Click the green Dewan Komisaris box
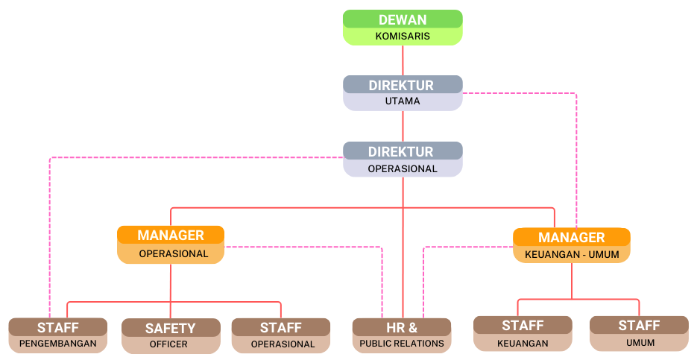(x=403, y=27)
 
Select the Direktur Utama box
(x=403, y=92)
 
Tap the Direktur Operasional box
(x=403, y=159)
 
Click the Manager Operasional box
(x=171, y=244)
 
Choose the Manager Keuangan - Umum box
(x=572, y=244)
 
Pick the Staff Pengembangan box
(x=57, y=335)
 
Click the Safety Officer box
(x=171, y=335)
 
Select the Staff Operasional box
(x=281, y=335)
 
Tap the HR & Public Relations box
(x=402, y=335)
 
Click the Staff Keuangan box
(x=523, y=333)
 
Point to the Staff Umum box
(x=639, y=333)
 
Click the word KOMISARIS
(x=403, y=36)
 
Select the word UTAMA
(x=403, y=101)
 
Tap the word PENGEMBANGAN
(x=57, y=344)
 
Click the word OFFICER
(x=171, y=345)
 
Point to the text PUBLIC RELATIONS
(x=402, y=344)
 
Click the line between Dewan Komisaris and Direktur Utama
(x=403, y=60)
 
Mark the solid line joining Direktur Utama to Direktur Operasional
(x=403, y=126)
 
